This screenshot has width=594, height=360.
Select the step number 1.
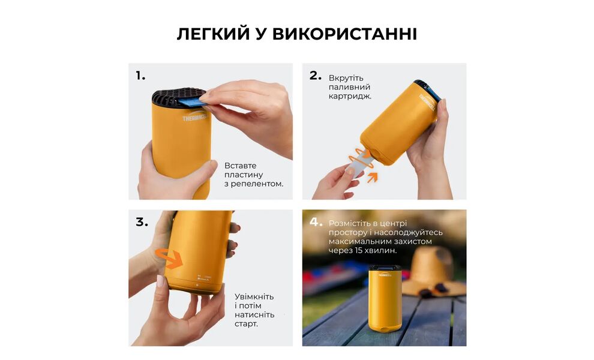140,76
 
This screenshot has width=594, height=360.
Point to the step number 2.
316,76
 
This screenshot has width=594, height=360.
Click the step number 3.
142,222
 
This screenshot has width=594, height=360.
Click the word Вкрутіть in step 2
346,78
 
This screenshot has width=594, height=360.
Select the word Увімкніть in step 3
254,296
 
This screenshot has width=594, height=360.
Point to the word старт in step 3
246,323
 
